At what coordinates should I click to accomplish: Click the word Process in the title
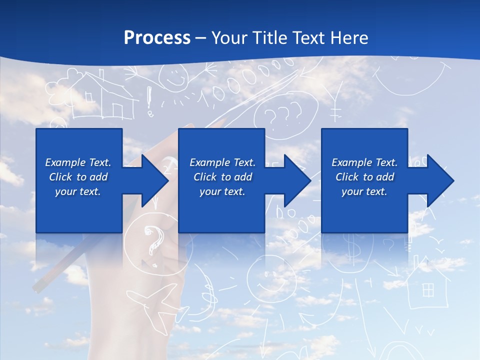click(157, 37)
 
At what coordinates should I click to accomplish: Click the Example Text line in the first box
click(78, 162)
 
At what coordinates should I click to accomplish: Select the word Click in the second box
click(206, 177)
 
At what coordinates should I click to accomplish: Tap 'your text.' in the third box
click(364, 191)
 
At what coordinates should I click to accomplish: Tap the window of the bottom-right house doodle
click(428, 289)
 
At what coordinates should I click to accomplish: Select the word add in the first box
click(99, 177)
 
